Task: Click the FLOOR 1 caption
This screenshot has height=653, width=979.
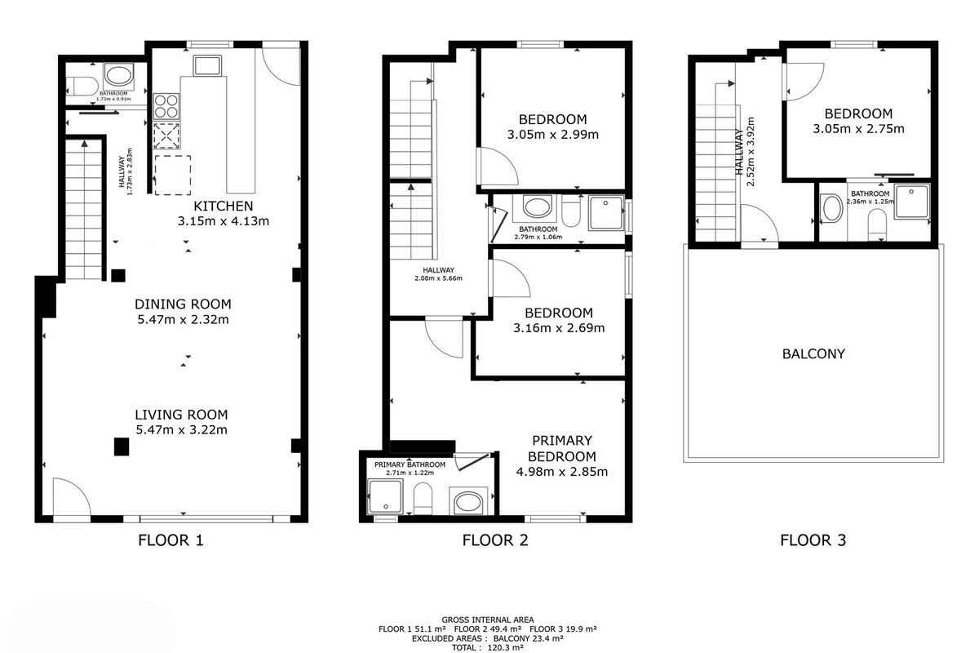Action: [171, 540]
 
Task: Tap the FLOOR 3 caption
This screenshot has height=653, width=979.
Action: [813, 540]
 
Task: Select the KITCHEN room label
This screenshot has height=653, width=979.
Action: [224, 206]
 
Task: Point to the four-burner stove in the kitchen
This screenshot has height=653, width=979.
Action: [166, 106]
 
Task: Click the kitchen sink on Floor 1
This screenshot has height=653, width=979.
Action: [207, 65]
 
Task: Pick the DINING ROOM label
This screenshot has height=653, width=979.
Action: [183, 304]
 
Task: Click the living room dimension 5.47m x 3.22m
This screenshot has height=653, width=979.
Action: [181, 430]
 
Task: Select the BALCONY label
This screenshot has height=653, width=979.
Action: [813, 353]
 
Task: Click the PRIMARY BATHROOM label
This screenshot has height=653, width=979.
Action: [410, 464]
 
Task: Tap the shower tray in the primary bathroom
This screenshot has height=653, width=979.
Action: [385, 496]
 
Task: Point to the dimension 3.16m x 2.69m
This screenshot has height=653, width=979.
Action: [559, 328]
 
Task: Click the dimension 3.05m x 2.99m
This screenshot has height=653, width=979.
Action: [553, 135]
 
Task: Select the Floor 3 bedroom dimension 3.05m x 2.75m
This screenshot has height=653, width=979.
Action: [858, 129]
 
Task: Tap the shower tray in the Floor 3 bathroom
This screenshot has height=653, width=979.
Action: [911, 201]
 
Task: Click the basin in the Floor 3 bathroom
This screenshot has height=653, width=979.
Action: [833, 209]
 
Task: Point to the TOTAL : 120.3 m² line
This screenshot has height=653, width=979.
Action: [487, 647]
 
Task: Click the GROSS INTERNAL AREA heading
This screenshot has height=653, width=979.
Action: [487, 620]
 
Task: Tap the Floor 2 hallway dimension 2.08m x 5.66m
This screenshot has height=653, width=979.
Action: [438, 278]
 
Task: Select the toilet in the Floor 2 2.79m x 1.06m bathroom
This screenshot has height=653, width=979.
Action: [571, 211]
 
